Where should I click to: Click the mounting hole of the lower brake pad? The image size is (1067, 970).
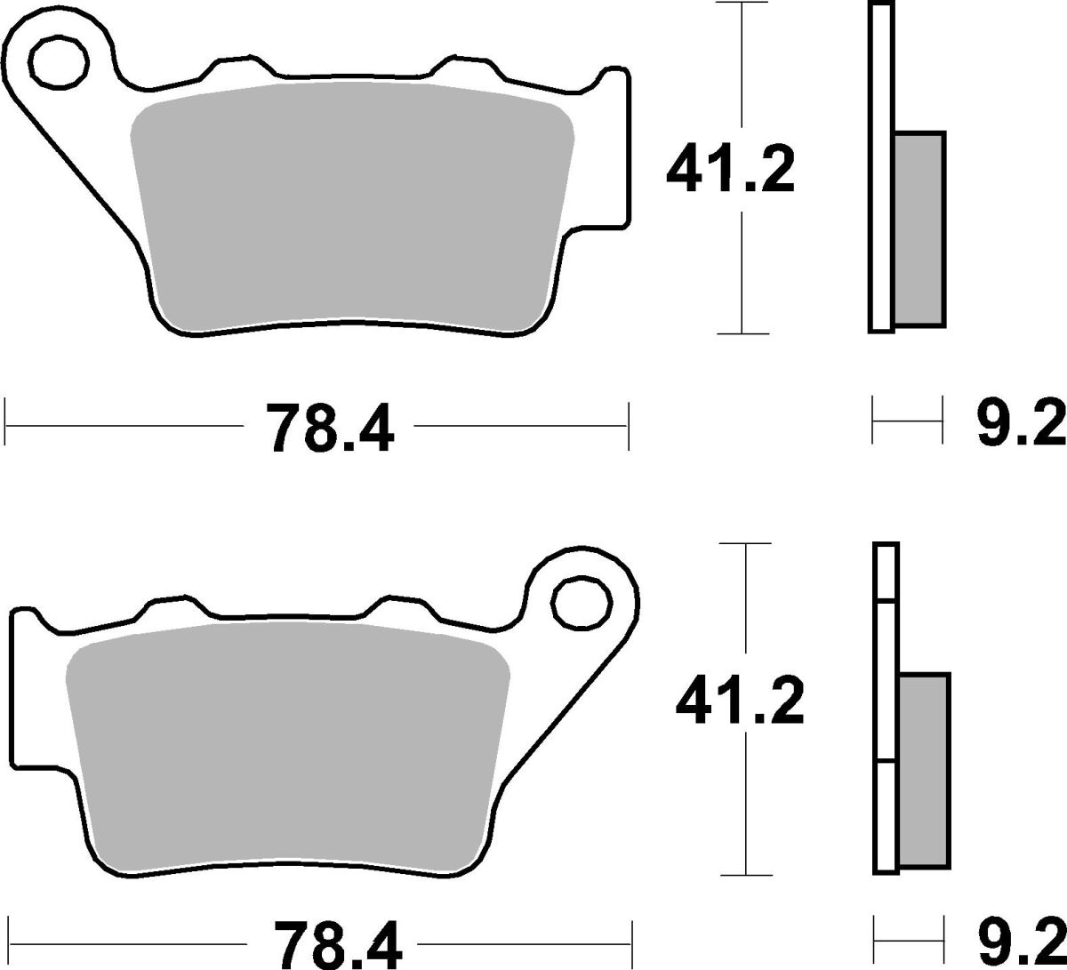pos(582,603)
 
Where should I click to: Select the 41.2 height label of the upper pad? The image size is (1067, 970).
pos(730,170)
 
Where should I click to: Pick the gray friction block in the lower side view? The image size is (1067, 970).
pos(925,769)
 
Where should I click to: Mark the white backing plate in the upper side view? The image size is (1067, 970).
pos(880,169)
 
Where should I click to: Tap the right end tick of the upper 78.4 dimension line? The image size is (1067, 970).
pos(629,426)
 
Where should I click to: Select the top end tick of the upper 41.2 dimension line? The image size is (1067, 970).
pos(742,4)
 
